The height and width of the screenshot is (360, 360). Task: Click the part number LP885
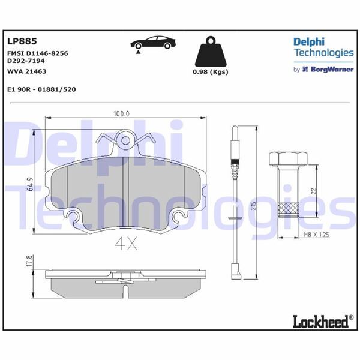22,41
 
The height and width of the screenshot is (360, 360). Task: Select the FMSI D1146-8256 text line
37,53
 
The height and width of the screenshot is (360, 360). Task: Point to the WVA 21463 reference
27,71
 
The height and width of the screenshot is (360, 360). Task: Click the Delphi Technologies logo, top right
323,47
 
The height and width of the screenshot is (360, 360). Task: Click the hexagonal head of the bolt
287,160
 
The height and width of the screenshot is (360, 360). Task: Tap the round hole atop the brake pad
126,141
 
